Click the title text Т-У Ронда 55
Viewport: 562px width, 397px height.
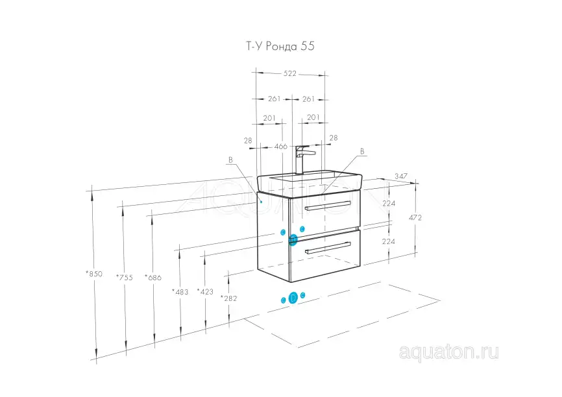coord(280,46)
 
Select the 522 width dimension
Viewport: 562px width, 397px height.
coord(290,73)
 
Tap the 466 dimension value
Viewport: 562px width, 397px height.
coord(281,146)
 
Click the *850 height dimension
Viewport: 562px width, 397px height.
coord(94,274)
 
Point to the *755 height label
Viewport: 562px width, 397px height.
coord(125,278)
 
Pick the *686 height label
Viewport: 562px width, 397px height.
coord(153,278)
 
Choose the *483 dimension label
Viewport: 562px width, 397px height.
coord(180,292)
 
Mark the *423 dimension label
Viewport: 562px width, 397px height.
coord(205,292)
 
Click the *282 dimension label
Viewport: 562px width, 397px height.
coord(228,298)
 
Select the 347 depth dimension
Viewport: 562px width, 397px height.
coord(401,176)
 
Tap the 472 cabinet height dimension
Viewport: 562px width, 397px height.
coord(415,217)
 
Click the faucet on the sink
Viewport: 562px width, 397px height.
coord(303,160)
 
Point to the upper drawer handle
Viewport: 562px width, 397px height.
coord(328,206)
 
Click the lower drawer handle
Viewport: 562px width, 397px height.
coord(328,248)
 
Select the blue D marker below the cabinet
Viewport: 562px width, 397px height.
coord(293,298)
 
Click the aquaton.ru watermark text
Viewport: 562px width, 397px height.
coord(448,352)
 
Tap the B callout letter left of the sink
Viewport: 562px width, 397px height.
coord(230,160)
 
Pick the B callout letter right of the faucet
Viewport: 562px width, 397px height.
coord(362,152)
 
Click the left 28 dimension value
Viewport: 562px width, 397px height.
coord(248,141)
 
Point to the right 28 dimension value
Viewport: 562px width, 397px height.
coord(334,138)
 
